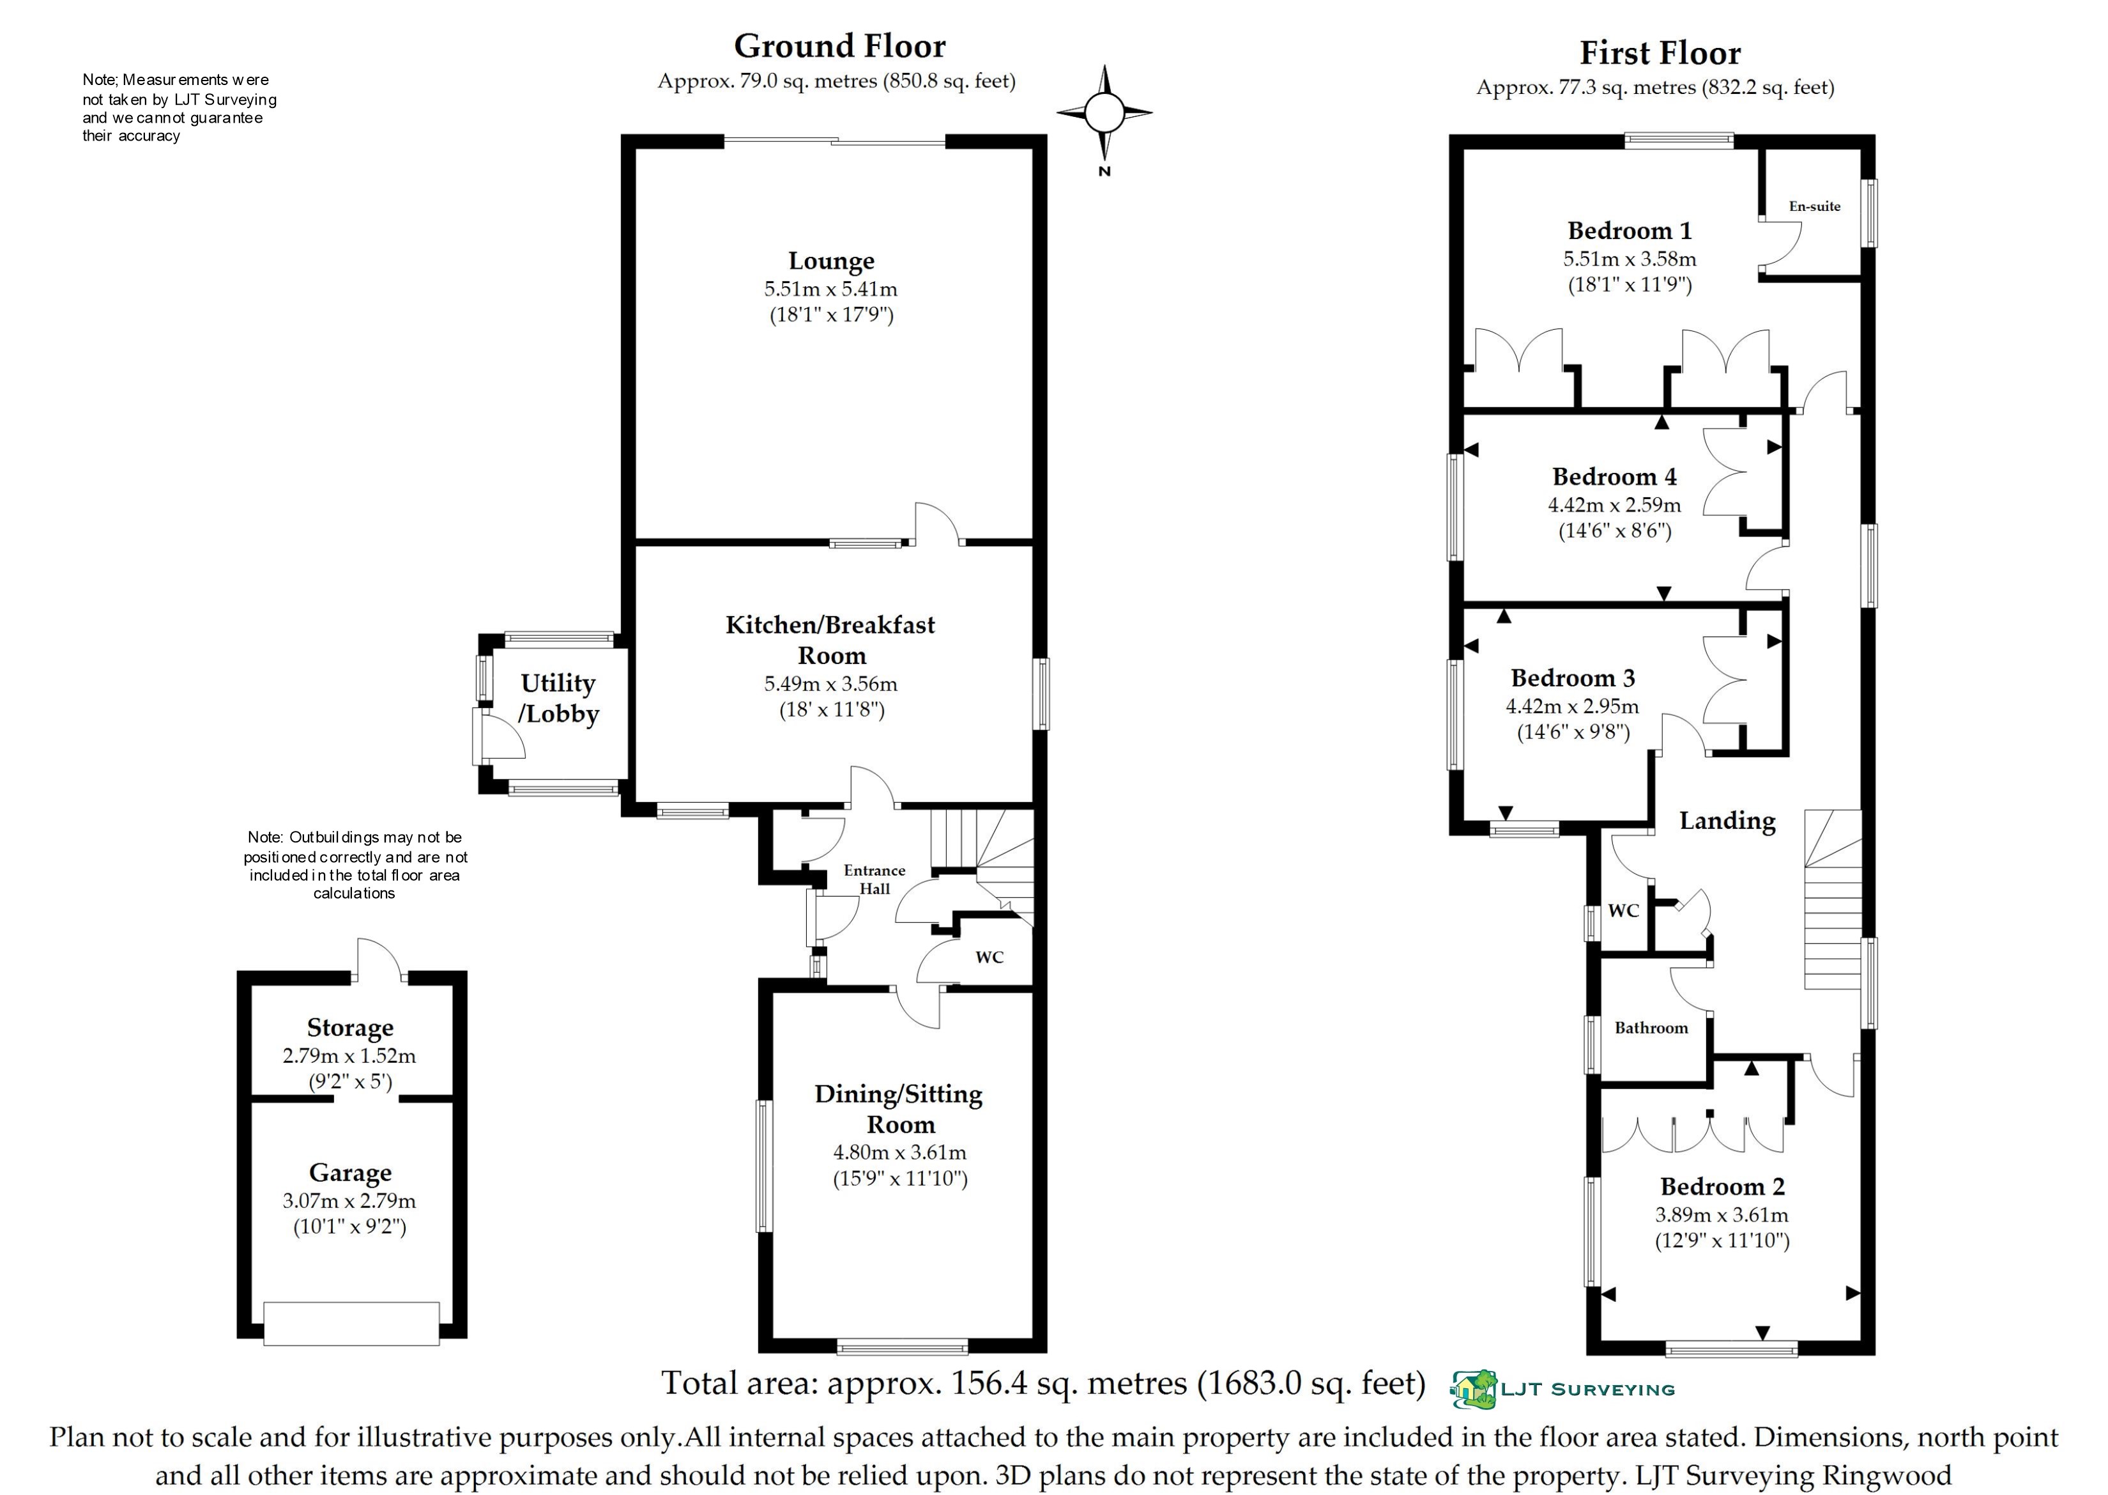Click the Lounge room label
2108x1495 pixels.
point(831,261)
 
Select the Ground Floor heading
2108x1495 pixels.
point(839,46)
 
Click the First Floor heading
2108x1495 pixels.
point(1660,54)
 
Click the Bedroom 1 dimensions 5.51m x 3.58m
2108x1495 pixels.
point(1630,259)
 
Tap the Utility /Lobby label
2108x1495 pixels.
point(558,698)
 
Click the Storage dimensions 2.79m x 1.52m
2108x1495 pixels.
point(349,1056)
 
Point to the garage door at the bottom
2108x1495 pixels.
point(351,1323)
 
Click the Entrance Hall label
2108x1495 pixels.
point(874,879)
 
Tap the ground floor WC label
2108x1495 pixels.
point(989,957)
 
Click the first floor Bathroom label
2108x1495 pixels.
point(1651,1028)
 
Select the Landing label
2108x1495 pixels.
point(1727,821)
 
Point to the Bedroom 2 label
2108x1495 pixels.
point(1722,1187)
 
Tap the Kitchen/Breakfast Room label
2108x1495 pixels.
point(830,640)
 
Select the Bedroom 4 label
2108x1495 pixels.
point(1614,477)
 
